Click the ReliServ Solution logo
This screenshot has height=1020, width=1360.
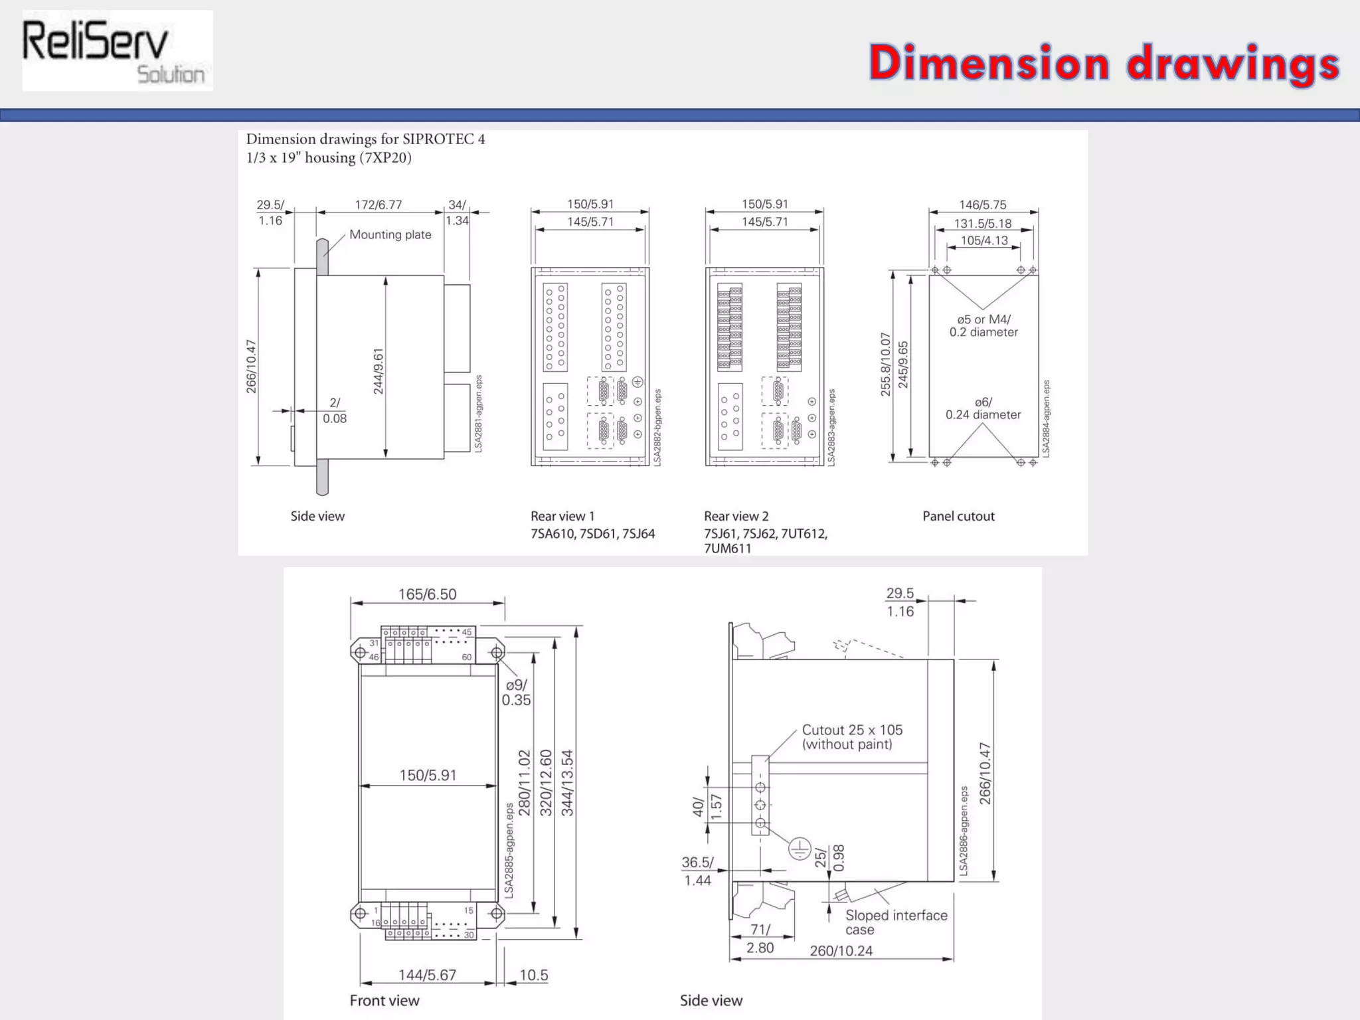(x=117, y=51)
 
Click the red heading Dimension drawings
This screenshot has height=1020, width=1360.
(x=1104, y=63)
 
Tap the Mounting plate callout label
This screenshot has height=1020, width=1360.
(x=390, y=234)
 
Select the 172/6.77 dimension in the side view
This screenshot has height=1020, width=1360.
(x=379, y=205)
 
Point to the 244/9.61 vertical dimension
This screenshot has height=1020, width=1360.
(x=379, y=371)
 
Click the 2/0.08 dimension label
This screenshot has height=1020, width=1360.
(x=335, y=410)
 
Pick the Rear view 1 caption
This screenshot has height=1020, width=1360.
(x=562, y=516)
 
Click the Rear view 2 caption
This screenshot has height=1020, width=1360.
(x=736, y=516)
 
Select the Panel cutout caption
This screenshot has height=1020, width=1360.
(x=958, y=516)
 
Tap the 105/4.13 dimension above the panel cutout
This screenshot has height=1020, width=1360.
(x=984, y=240)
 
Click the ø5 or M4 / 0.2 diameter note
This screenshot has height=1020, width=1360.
(x=983, y=325)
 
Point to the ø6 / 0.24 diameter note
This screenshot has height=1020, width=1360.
(x=983, y=408)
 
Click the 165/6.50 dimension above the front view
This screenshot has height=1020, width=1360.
(x=427, y=594)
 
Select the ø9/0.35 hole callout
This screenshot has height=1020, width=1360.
(x=516, y=692)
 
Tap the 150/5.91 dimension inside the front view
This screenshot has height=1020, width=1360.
(x=428, y=775)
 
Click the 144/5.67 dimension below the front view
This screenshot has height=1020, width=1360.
(x=427, y=975)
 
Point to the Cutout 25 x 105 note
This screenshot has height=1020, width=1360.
(x=852, y=736)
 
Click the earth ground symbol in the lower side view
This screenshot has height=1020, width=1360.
(x=800, y=848)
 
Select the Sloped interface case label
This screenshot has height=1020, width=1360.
(x=895, y=922)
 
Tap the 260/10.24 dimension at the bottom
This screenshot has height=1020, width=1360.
(x=841, y=950)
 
